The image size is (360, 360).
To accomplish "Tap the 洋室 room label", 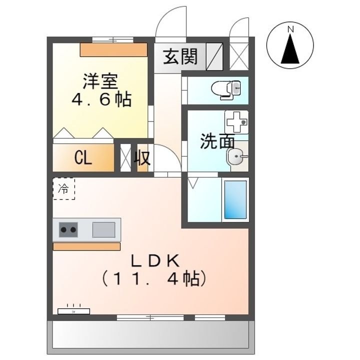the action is (100, 81).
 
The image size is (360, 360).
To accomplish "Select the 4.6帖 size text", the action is (101, 99).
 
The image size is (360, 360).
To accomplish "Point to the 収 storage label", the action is (142, 157).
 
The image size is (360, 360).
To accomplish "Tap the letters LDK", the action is (155, 261).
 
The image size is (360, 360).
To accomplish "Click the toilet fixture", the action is (225, 89).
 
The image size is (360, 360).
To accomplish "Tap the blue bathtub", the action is (235, 199).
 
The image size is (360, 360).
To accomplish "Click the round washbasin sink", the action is (236, 156).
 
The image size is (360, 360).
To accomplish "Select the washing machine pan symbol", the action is (236, 122).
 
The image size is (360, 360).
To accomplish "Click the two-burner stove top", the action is (68, 229).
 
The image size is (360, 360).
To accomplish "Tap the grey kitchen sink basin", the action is (104, 229).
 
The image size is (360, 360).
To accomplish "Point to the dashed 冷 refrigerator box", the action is (64, 188).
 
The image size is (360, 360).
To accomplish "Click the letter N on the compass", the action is (290, 29).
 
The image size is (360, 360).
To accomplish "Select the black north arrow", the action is (290, 48).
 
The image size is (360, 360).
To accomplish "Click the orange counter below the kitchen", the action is (86, 246).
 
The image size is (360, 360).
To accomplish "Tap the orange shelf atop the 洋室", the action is (113, 50).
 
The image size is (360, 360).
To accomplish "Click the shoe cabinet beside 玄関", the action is (214, 56).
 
